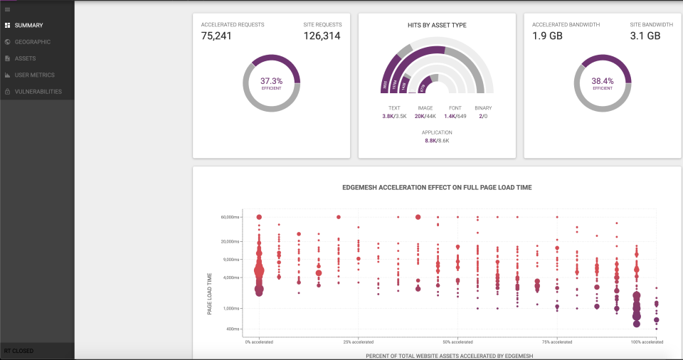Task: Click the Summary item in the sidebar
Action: pos(28,25)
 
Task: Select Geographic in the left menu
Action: pos(32,42)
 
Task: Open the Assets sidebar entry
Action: pos(26,58)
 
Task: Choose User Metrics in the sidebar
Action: pos(34,75)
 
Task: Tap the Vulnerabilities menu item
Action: pos(38,92)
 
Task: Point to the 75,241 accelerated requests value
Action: pos(216,36)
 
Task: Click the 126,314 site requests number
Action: pos(322,36)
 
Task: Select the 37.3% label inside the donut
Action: pos(271,81)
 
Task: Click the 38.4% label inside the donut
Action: pos(602,81)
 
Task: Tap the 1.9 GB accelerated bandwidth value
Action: pos(548,36)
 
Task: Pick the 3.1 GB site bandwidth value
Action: pos(645,36)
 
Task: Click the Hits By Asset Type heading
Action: pos(437,25)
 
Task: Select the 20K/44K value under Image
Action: pos(425,116)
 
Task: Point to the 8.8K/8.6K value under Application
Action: pos(437,141)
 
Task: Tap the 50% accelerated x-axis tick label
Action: pos(457,342)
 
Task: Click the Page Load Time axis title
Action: pos(210,294)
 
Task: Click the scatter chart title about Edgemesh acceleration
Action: pos(437,187)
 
